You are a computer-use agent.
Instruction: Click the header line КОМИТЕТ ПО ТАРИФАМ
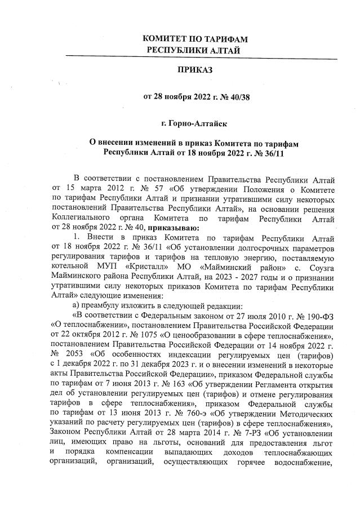tap(195, 39)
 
